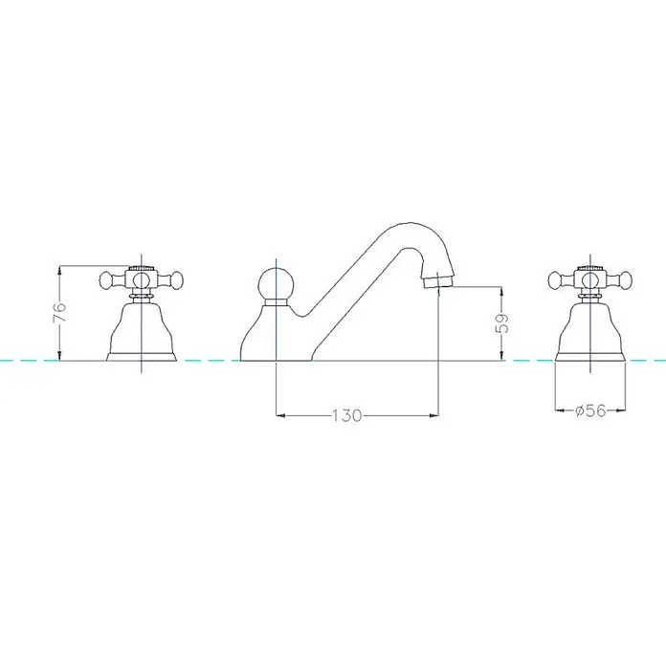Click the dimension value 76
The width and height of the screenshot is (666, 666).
pyautogui.click(x=60, y=313)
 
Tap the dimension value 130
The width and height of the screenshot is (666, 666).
pyautogui.click(x=346, y=415)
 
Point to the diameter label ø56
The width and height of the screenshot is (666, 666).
pyautogui.click(x=590, y=411)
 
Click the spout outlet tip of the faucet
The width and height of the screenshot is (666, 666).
pyautogui.click(x=439, y=281)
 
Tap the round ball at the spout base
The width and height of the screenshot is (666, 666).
pyautogui.click(x=276, y=284)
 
